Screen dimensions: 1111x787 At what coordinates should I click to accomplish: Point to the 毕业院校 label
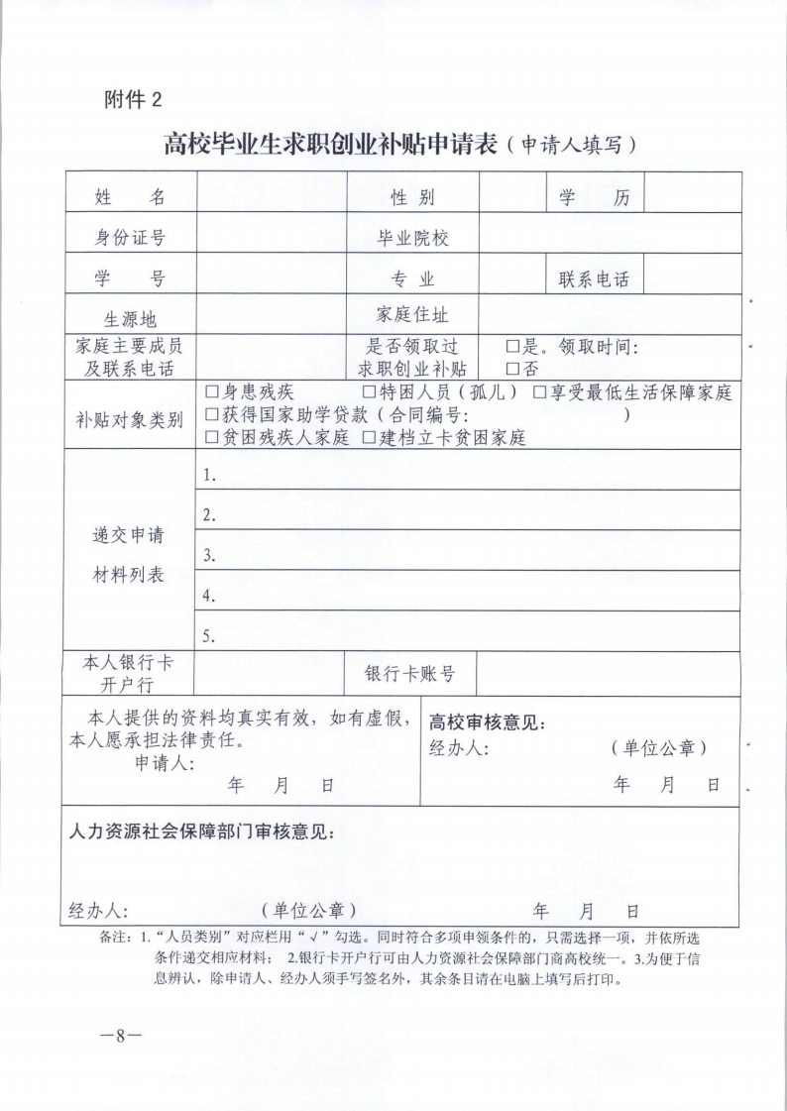pos(413,238)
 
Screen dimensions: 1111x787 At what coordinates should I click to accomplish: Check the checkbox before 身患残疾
pos(212,392)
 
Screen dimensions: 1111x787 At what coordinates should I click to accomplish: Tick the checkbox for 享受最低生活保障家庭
pos(540,392)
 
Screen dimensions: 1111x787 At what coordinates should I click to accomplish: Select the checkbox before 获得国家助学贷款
pos(212,414)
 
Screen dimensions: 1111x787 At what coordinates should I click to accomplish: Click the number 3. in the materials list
pos(210,557)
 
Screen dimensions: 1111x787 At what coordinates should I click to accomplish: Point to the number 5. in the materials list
pos(210,637)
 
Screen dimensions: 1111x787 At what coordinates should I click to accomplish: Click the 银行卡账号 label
pos(410,674)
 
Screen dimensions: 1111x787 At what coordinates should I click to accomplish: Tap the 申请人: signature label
pos(165,763)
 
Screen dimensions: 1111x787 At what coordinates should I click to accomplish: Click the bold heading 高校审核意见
pos(487,723)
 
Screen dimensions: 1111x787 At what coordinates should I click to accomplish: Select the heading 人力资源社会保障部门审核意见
pos(201,831)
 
